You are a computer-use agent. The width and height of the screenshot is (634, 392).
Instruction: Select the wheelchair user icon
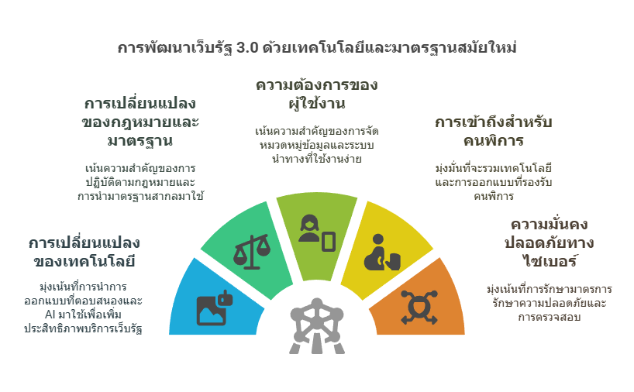pyautogui.click(x=384, y=251)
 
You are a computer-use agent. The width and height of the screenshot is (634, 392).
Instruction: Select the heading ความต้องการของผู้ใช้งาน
pyautogui.click(x=317, y=94)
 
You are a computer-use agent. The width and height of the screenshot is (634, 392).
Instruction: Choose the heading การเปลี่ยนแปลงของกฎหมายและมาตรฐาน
pyautogui.click(x=140, y=122)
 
